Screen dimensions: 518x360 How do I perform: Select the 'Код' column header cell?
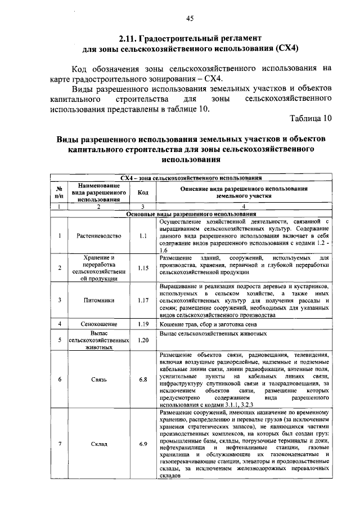tap(143, 192)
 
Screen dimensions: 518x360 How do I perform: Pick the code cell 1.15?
tap(143, 267)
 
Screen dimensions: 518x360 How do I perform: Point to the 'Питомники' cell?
tap(97, 300)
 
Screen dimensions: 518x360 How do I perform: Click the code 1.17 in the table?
tap(143, 300)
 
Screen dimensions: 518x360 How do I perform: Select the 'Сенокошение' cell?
tap(97, 324)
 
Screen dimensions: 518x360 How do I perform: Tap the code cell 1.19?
tap(143, 324)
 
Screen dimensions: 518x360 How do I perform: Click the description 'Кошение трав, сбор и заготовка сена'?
tap(209, 324)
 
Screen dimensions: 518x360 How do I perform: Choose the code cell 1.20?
tap(143, 340)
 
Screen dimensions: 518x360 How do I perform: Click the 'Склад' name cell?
tap(97, 444)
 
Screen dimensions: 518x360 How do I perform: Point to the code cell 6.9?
tap(143, 444)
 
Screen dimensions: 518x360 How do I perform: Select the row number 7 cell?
tap(59, 444)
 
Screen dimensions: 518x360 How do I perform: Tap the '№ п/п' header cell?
tap(59, 192)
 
